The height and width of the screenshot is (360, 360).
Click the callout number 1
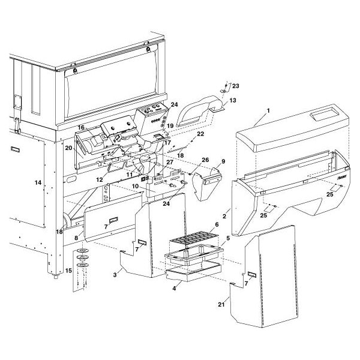pos(269,111)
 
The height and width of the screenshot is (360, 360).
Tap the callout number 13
pos(233,100)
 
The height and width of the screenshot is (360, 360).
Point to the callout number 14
pos(38,182)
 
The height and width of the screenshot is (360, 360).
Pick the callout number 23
pos(235,85)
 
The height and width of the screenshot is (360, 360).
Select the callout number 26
pos(204,160)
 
